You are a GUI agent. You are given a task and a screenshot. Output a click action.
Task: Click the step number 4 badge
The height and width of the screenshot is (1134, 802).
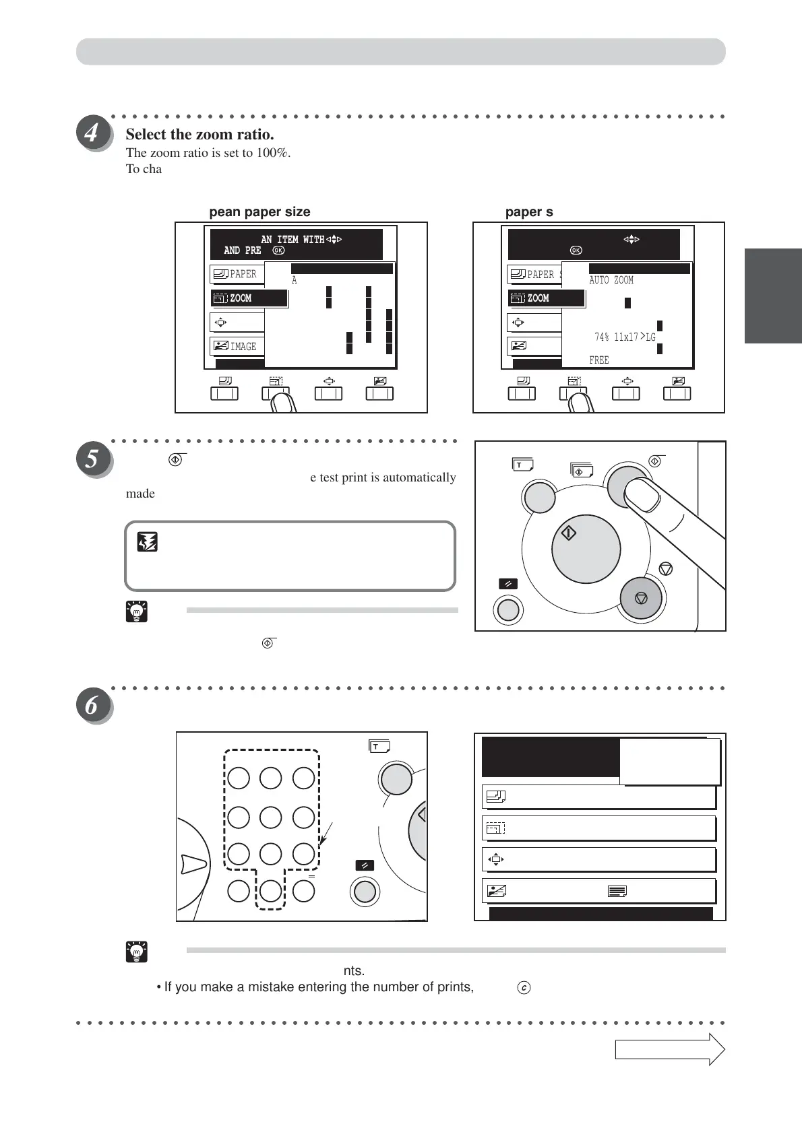tap(93, 133)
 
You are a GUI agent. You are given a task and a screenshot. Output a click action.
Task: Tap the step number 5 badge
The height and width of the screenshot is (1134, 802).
tap(93, 460)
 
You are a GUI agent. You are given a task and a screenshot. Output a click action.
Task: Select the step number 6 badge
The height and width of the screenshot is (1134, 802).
tap(93, 706)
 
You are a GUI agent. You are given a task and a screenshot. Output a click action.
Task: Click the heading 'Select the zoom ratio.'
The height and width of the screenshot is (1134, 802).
tap(199, 134)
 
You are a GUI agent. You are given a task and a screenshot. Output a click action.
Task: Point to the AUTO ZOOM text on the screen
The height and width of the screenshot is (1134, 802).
tap(611, 280)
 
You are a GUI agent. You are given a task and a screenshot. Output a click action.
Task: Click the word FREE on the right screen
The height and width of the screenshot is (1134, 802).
tap(598, 360)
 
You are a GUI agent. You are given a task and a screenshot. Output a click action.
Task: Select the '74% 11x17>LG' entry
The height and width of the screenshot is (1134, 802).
tap(625, 337)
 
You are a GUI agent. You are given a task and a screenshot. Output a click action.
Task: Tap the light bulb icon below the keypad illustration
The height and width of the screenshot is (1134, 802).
tap(137, 952)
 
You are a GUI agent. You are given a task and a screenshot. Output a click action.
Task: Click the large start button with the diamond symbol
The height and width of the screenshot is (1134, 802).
tap(585, 547)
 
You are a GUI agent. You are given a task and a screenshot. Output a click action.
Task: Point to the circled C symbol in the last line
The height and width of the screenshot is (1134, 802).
tap(524, 988)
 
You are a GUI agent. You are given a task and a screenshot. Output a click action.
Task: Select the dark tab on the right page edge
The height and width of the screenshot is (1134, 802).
tap(773, 296)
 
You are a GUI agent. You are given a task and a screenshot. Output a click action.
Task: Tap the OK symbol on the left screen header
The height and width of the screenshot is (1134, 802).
tap(278, 251)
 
